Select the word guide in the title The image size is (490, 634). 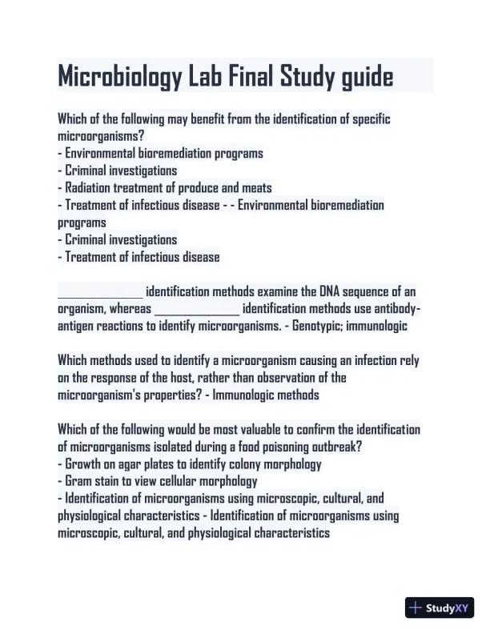[359, 77]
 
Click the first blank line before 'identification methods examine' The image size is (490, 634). [100, 292]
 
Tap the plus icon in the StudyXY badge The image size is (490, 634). [416, 608]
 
